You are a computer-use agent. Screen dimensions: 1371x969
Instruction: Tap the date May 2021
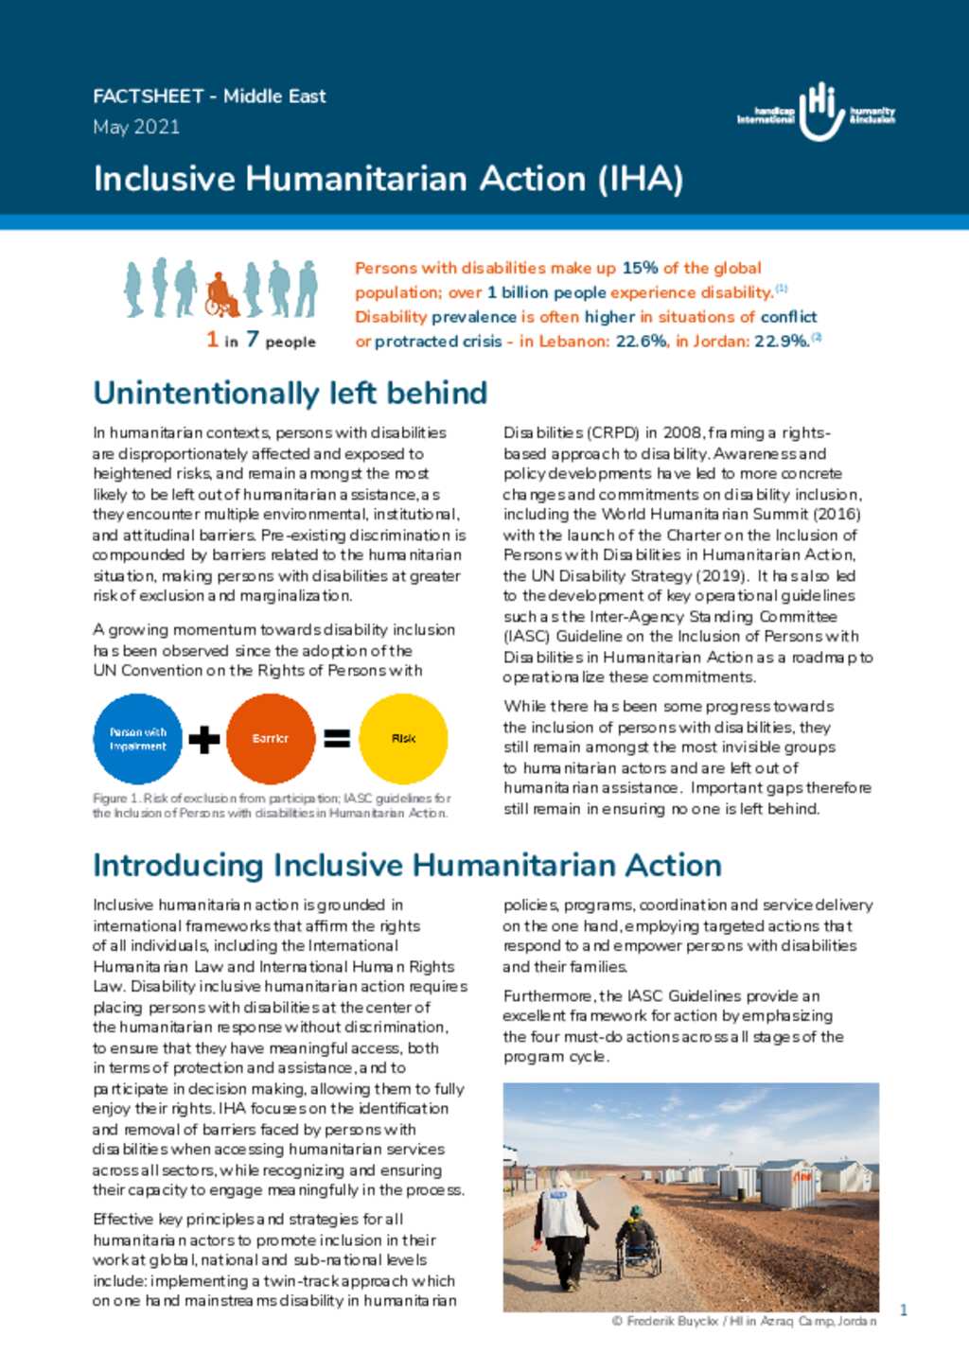[x=136, y=127]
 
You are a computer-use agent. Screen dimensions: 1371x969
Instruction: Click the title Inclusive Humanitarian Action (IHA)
[x=388, y=179]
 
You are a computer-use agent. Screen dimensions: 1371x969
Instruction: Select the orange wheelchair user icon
[x=221, y=294]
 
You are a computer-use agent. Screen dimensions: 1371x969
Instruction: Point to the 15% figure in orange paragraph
[x=640, y=268]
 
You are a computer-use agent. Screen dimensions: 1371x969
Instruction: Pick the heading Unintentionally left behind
[x=290, y=393]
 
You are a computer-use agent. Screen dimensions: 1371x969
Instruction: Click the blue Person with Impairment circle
[x=138, y=739]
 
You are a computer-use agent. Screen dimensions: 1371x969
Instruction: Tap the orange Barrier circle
[x=271, y=739]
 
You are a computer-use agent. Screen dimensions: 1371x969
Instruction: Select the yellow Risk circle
[x=403, y=739]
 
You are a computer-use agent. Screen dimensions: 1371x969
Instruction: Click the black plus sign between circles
[x=203, y=739]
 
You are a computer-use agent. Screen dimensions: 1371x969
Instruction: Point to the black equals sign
[x=337, y=739]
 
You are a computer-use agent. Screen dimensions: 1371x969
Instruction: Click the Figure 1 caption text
[x=271, y=805]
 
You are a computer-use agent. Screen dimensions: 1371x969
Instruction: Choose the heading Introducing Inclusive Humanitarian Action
[x=407, y=865]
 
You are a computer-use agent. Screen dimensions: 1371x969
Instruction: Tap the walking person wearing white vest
[x=565, y=1230]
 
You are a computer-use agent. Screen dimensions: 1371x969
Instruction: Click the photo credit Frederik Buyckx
[x=744, y=1321]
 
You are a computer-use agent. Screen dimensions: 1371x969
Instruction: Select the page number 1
[x=904, y=1310]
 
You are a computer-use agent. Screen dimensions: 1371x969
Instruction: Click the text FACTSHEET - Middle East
[x=209, y=97]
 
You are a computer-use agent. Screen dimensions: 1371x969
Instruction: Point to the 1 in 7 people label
[x=261, y=340]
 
